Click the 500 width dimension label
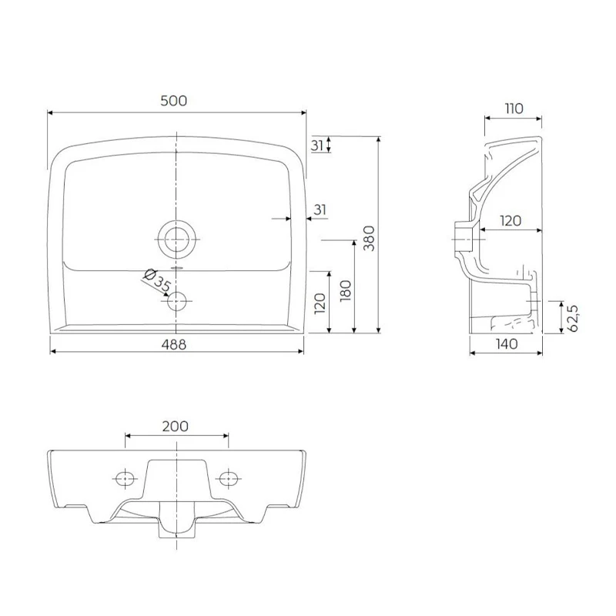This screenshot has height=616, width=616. point(174,101)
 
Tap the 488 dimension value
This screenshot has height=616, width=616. point(174,344)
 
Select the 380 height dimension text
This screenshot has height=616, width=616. point(370,238)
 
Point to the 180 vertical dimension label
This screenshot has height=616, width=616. point(346,290)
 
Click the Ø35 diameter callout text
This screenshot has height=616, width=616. point(156,280)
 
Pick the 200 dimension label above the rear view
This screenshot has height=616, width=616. point(176,426)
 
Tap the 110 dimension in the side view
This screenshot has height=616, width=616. point(514,109)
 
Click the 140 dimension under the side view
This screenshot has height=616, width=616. point(507,344)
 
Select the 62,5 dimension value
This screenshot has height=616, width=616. point(573,318)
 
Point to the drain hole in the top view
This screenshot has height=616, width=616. point(177,239)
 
